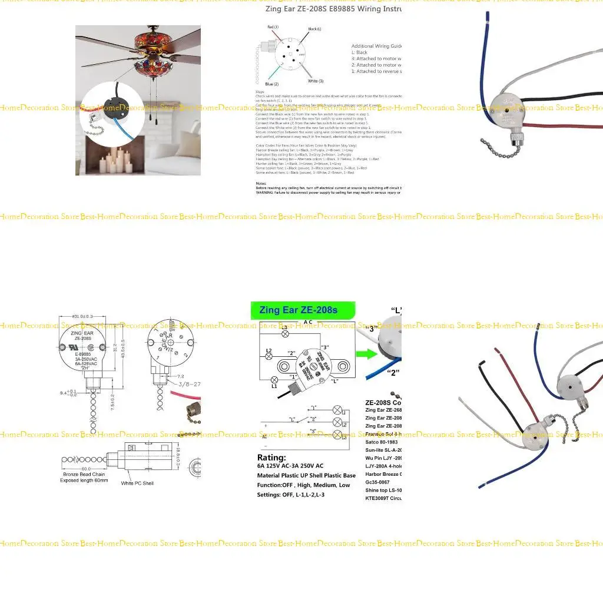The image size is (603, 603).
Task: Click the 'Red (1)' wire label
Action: click(273, 27)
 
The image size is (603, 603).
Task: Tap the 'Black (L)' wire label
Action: click(314, 29)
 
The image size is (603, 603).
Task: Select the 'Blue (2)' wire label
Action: click(272, 84)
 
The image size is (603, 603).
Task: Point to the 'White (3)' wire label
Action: click(316, 81)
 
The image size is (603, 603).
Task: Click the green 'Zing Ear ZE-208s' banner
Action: click(303, 310)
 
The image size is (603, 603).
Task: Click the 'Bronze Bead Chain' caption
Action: click(85, 474)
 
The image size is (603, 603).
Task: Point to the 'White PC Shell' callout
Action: click(137, 483)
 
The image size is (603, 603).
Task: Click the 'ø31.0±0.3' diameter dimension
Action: click(83, 319)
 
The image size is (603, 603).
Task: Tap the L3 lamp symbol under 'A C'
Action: click(286, 334)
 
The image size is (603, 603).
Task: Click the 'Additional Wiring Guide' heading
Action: click(376, 46)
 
